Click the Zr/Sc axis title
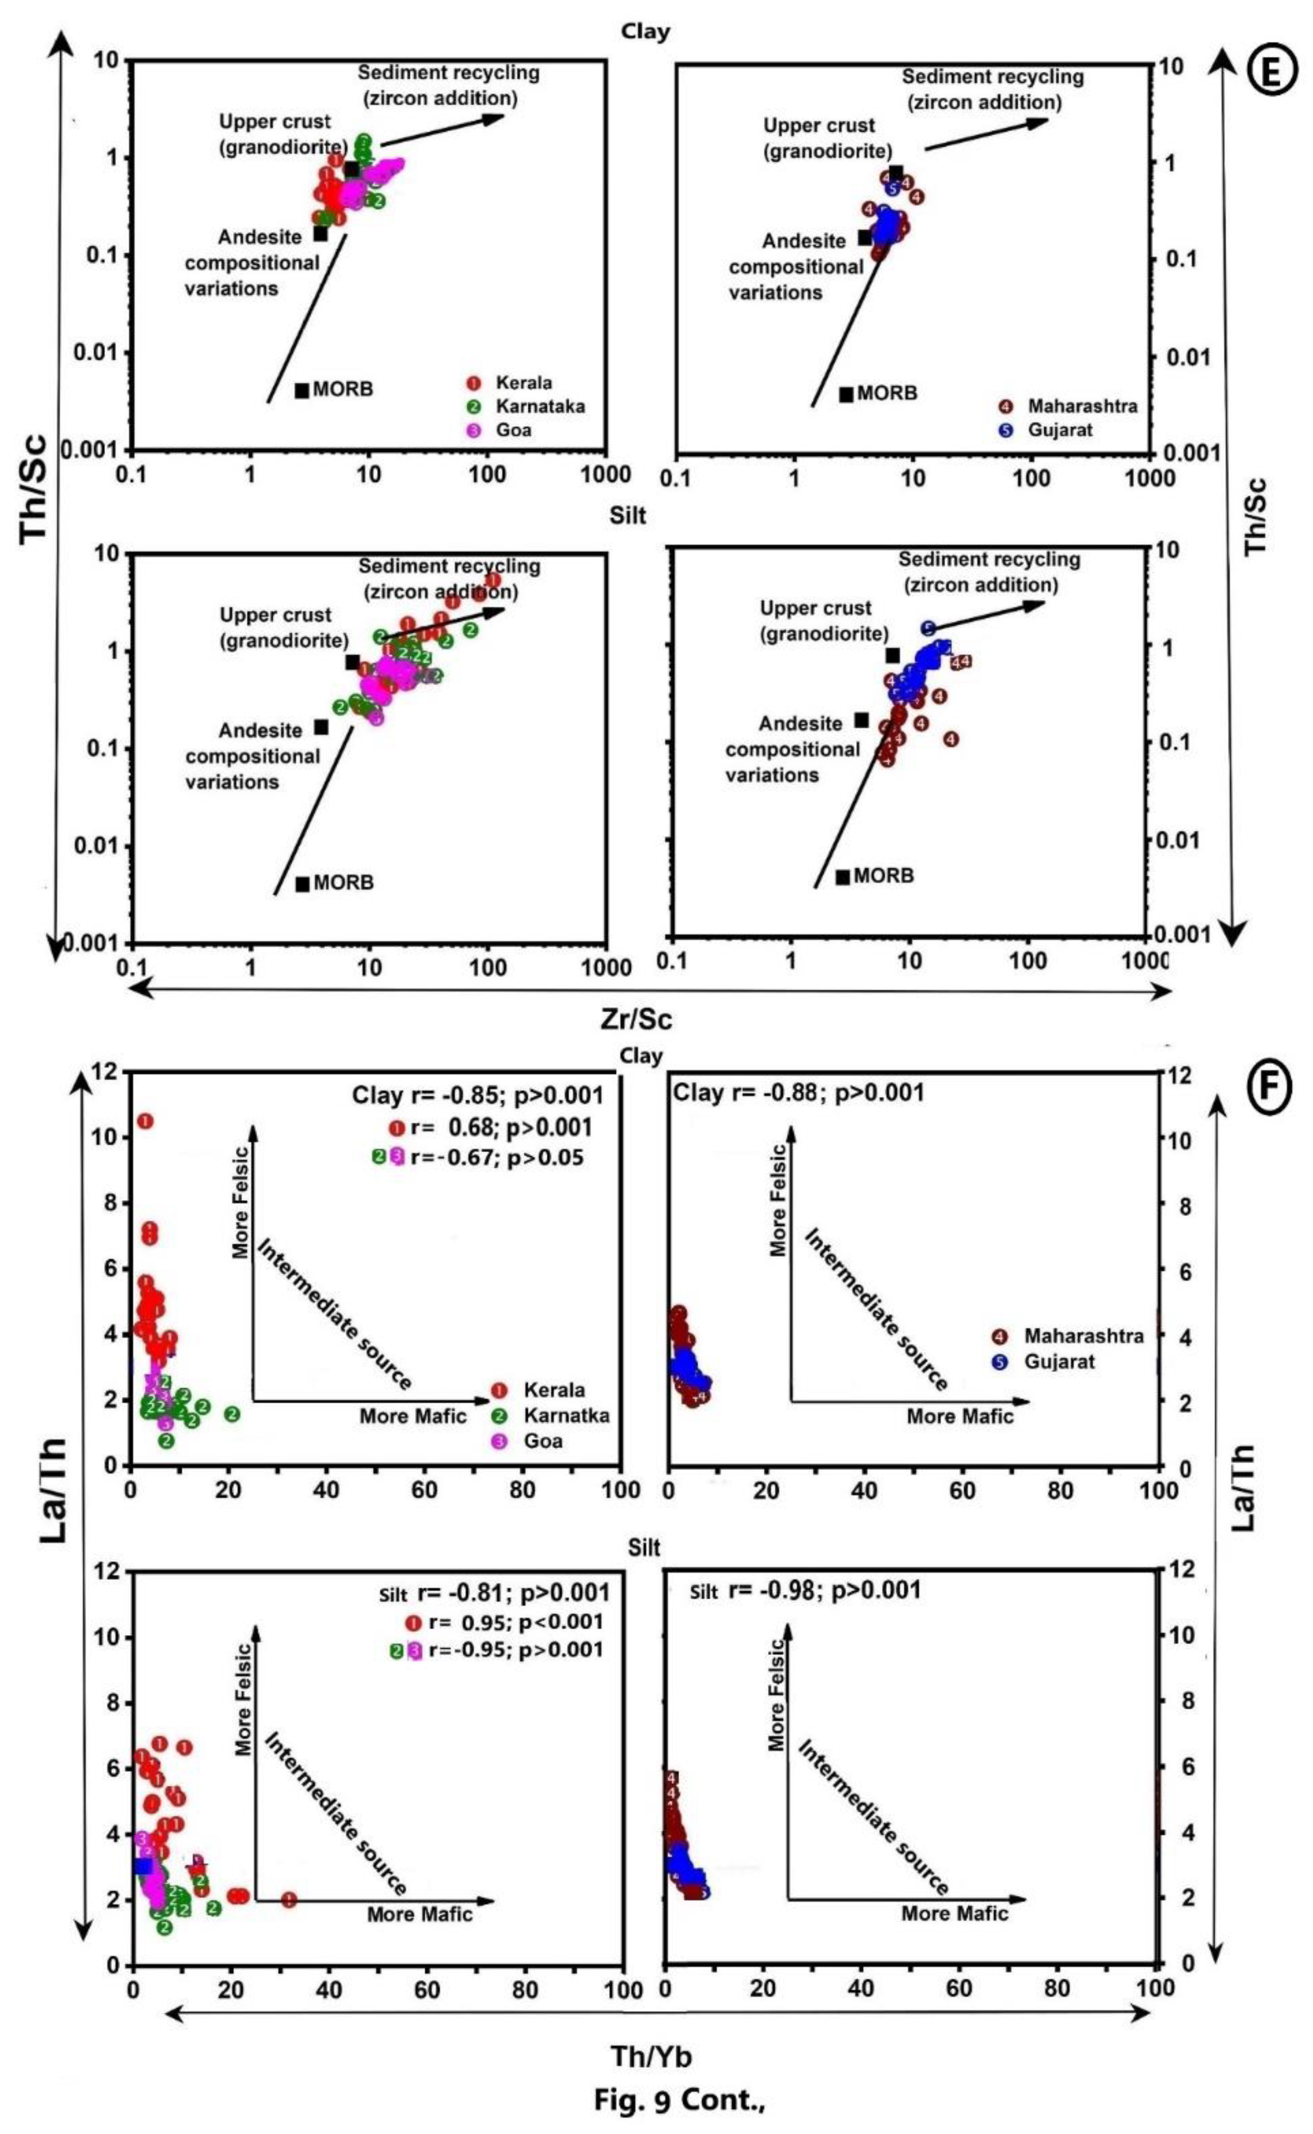tap(636, 1018)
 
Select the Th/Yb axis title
tap(651, 2057)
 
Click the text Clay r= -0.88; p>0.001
tap(799, 1092)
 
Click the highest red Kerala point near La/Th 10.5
tap(145, 1121)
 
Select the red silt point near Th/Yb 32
tap(289, 1899)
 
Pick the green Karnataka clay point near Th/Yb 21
tap(232, 1414)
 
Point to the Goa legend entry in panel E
tap(512, 430)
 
